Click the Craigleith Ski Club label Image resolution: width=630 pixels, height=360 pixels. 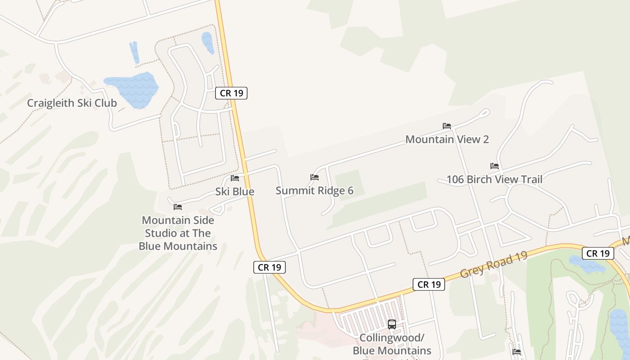[72, 103]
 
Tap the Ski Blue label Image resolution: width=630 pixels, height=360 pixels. [234, 192]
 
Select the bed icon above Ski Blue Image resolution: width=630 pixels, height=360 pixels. [235, 178]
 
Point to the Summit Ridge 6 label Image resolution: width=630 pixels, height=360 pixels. [315, 191]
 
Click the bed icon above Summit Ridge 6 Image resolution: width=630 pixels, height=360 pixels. [315, 177]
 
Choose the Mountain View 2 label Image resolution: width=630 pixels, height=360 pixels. [447, 139]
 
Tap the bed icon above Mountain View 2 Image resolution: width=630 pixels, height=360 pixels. [447, 126]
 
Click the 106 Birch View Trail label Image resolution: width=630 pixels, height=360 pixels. [494, 180]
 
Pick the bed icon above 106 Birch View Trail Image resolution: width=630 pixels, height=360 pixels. [495, 166]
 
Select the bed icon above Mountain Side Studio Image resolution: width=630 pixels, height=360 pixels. [178, 207]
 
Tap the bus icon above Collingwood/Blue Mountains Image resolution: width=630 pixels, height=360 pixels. [392, 324]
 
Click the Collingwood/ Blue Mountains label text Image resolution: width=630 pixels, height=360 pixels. [392, 344]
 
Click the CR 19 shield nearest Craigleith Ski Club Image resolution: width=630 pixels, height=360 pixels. [231, 93]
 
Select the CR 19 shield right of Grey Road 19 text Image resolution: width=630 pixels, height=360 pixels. [598, 253]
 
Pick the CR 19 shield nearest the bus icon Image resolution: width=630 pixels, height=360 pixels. [429, 284]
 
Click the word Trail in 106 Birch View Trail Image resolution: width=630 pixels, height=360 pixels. [531, 180]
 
